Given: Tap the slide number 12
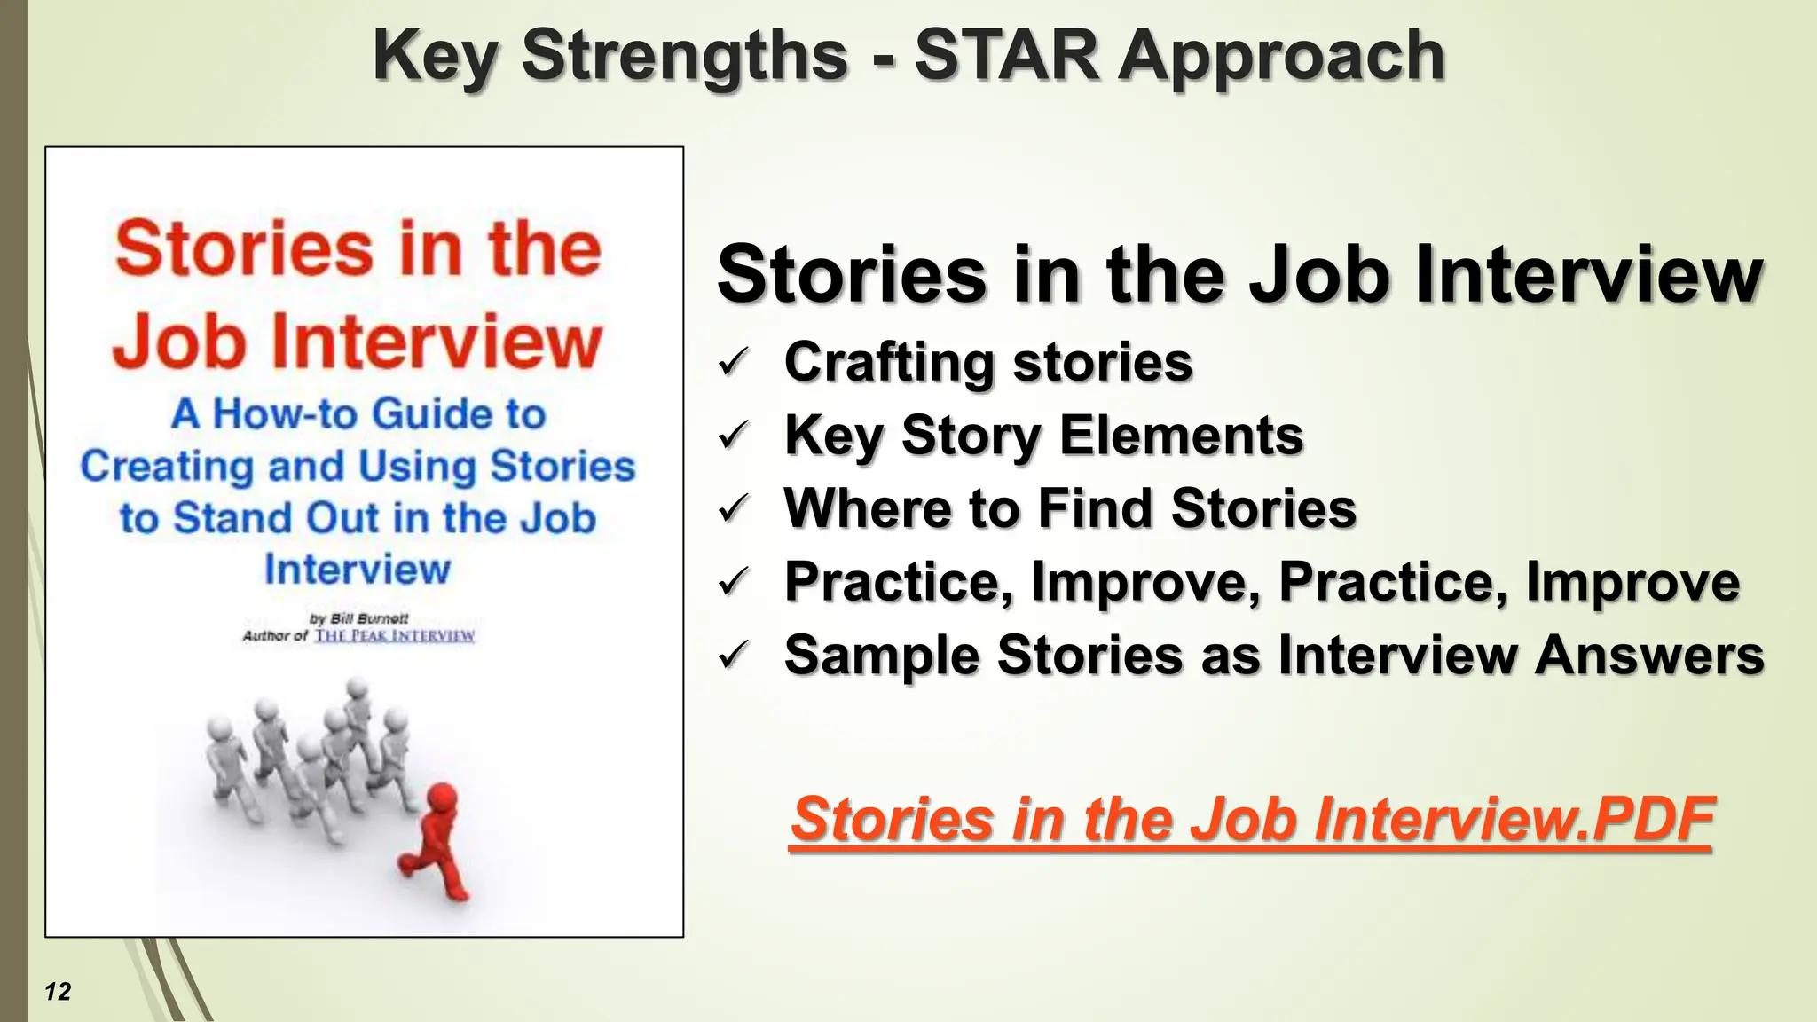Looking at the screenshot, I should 58,992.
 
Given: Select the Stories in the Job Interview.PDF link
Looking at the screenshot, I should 1251,819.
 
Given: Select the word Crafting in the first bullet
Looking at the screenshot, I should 888,363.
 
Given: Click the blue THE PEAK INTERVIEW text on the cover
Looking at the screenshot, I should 395,636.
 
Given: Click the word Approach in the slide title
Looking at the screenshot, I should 1281,57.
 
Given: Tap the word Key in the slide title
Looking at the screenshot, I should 435,57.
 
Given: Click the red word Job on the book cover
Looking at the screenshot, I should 178,341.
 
